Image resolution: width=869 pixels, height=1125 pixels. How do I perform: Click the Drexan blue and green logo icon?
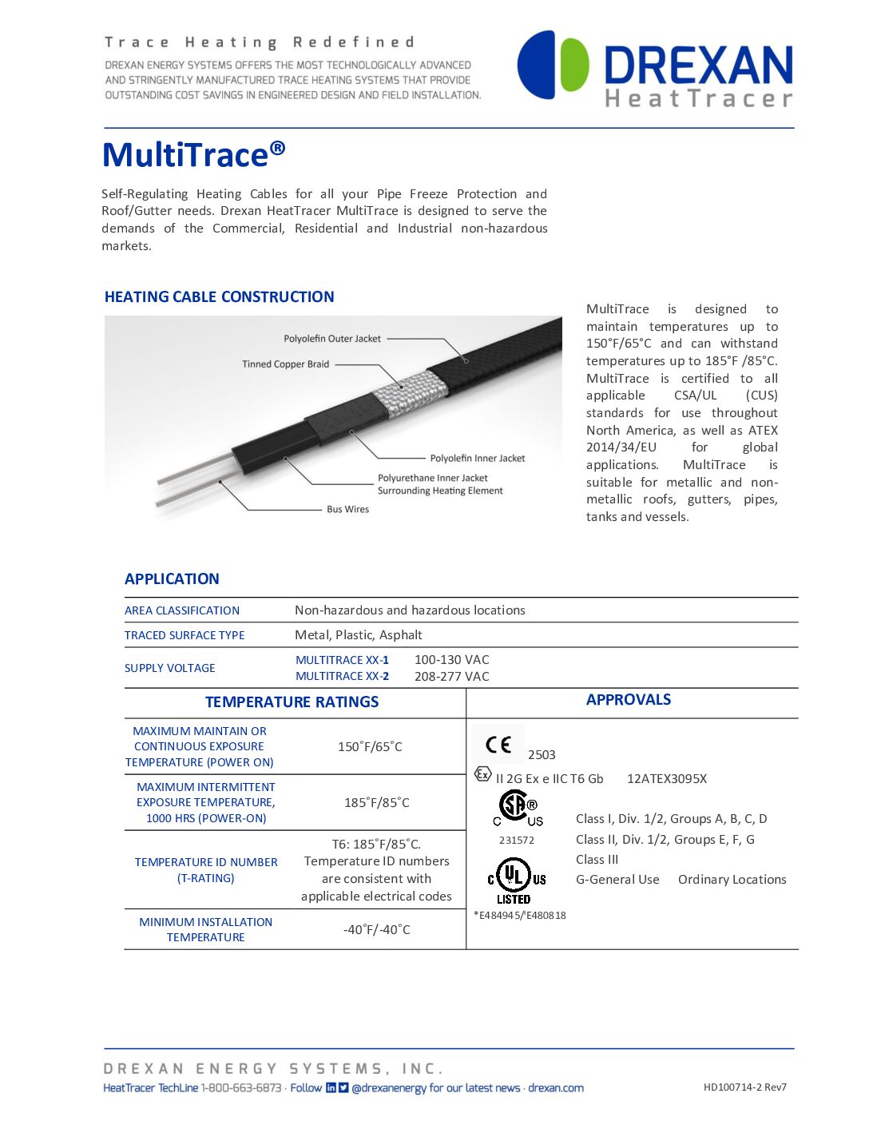[553, 65]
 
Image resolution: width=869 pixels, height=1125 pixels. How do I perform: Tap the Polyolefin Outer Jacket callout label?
[332, 339]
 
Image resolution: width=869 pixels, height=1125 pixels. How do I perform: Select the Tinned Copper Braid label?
[285, 364]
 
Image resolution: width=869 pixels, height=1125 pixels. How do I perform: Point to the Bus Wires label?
[347, 510]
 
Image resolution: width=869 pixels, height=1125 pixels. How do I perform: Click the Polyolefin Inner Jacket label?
[478, 459]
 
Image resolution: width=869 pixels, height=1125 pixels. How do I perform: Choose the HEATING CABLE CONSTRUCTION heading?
[219, 297]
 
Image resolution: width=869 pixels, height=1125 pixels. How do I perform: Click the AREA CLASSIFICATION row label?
[182, 610]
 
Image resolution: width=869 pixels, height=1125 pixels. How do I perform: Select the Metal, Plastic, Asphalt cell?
[359, 635]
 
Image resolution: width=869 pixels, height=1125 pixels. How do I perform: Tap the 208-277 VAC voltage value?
[452, 677]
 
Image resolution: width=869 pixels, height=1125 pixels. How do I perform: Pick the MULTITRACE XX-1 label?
[342, 660]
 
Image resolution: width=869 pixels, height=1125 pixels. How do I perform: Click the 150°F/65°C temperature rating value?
[370, 747]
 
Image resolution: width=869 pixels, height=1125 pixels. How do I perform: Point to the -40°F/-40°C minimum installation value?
[376, 930]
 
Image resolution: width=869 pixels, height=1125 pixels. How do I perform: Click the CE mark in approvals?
[498, 745]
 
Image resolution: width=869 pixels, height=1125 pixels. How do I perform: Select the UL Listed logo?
[516, 880]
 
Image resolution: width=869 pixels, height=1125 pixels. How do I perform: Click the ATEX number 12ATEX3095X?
[666, 779]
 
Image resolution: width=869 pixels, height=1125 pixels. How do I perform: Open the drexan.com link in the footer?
[556, 1088]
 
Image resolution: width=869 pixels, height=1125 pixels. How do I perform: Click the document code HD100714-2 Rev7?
[744, 1087]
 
